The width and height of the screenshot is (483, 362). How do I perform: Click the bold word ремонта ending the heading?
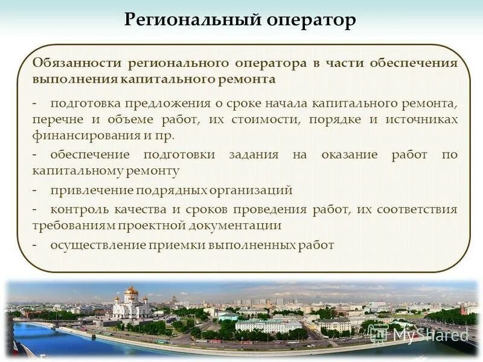point(248,79)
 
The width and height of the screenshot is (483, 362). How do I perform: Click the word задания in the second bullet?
point(254,154)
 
